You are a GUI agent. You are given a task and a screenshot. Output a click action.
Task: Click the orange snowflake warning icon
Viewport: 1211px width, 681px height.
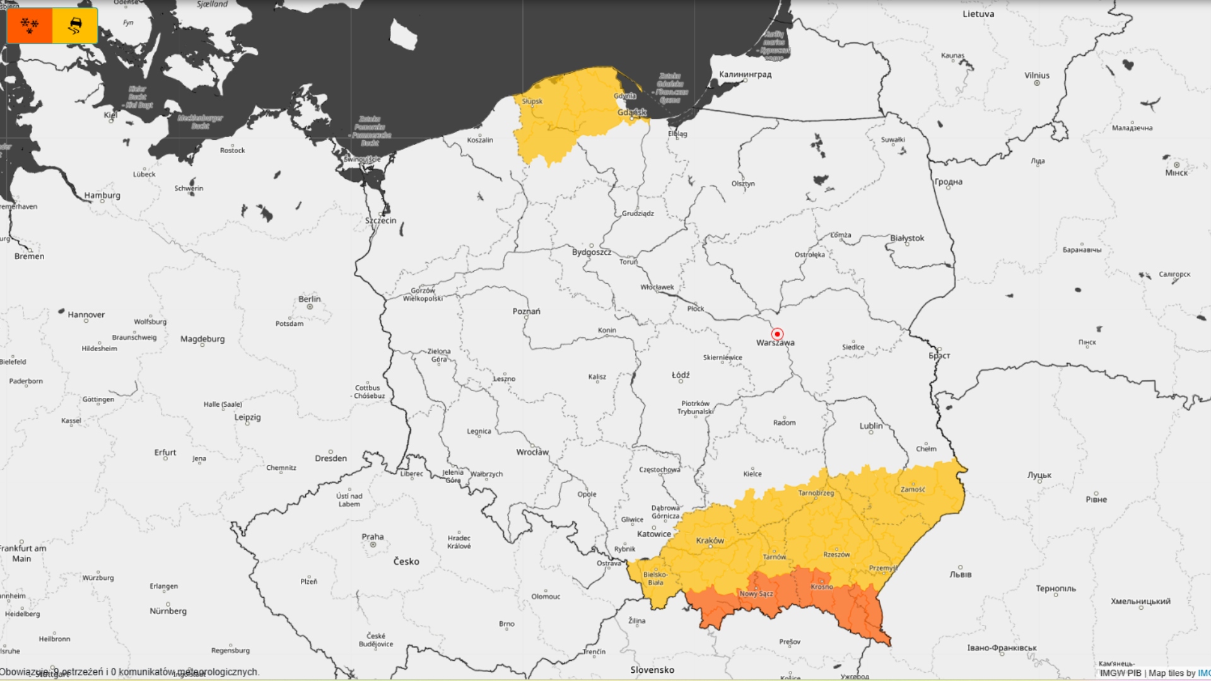30,26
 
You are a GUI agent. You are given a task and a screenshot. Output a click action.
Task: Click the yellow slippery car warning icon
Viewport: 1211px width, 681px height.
75,26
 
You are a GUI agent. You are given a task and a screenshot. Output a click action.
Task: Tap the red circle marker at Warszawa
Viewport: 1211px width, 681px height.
777,334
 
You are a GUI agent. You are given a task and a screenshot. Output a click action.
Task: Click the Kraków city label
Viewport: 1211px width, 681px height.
710,541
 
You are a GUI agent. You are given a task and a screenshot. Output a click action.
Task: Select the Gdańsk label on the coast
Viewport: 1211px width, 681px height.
632,113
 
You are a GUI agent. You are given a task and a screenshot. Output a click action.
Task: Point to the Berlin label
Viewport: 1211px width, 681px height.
309,299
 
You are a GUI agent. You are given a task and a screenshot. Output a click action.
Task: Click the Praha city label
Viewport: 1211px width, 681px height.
372,537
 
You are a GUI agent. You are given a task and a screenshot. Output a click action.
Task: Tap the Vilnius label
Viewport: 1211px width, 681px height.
1037,76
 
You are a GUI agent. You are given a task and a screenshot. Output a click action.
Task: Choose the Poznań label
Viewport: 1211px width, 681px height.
526,311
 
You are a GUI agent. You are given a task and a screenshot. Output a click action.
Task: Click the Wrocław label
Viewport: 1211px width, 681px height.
532,452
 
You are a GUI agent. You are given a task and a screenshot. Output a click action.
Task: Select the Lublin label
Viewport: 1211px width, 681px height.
871,426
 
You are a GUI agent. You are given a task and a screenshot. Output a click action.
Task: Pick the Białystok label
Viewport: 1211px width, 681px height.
907,238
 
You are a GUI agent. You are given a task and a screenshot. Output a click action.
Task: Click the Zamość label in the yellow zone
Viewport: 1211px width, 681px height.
913,489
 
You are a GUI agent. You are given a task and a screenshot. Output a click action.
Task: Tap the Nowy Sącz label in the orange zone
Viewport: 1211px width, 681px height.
756,594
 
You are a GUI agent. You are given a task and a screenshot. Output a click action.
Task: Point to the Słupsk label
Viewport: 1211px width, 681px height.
532,102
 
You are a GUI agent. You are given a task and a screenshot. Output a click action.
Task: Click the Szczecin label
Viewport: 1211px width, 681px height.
380,221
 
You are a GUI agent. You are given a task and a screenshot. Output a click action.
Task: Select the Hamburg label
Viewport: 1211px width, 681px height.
102,195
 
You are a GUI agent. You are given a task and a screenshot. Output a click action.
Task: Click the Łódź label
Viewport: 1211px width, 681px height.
681,375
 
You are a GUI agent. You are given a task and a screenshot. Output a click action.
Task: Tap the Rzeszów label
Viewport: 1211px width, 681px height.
836,555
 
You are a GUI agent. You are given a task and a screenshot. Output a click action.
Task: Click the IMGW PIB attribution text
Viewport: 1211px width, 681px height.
1120,673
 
